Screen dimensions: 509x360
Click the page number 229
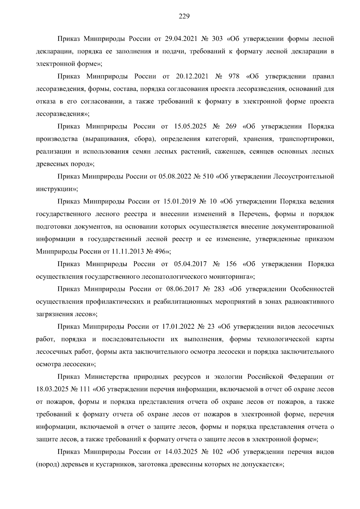(184, 16)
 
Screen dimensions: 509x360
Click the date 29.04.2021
(181, 39)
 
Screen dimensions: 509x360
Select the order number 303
(217, 39)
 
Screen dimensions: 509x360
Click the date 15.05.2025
(190, 127)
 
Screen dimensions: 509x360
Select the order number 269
(231, 127)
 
